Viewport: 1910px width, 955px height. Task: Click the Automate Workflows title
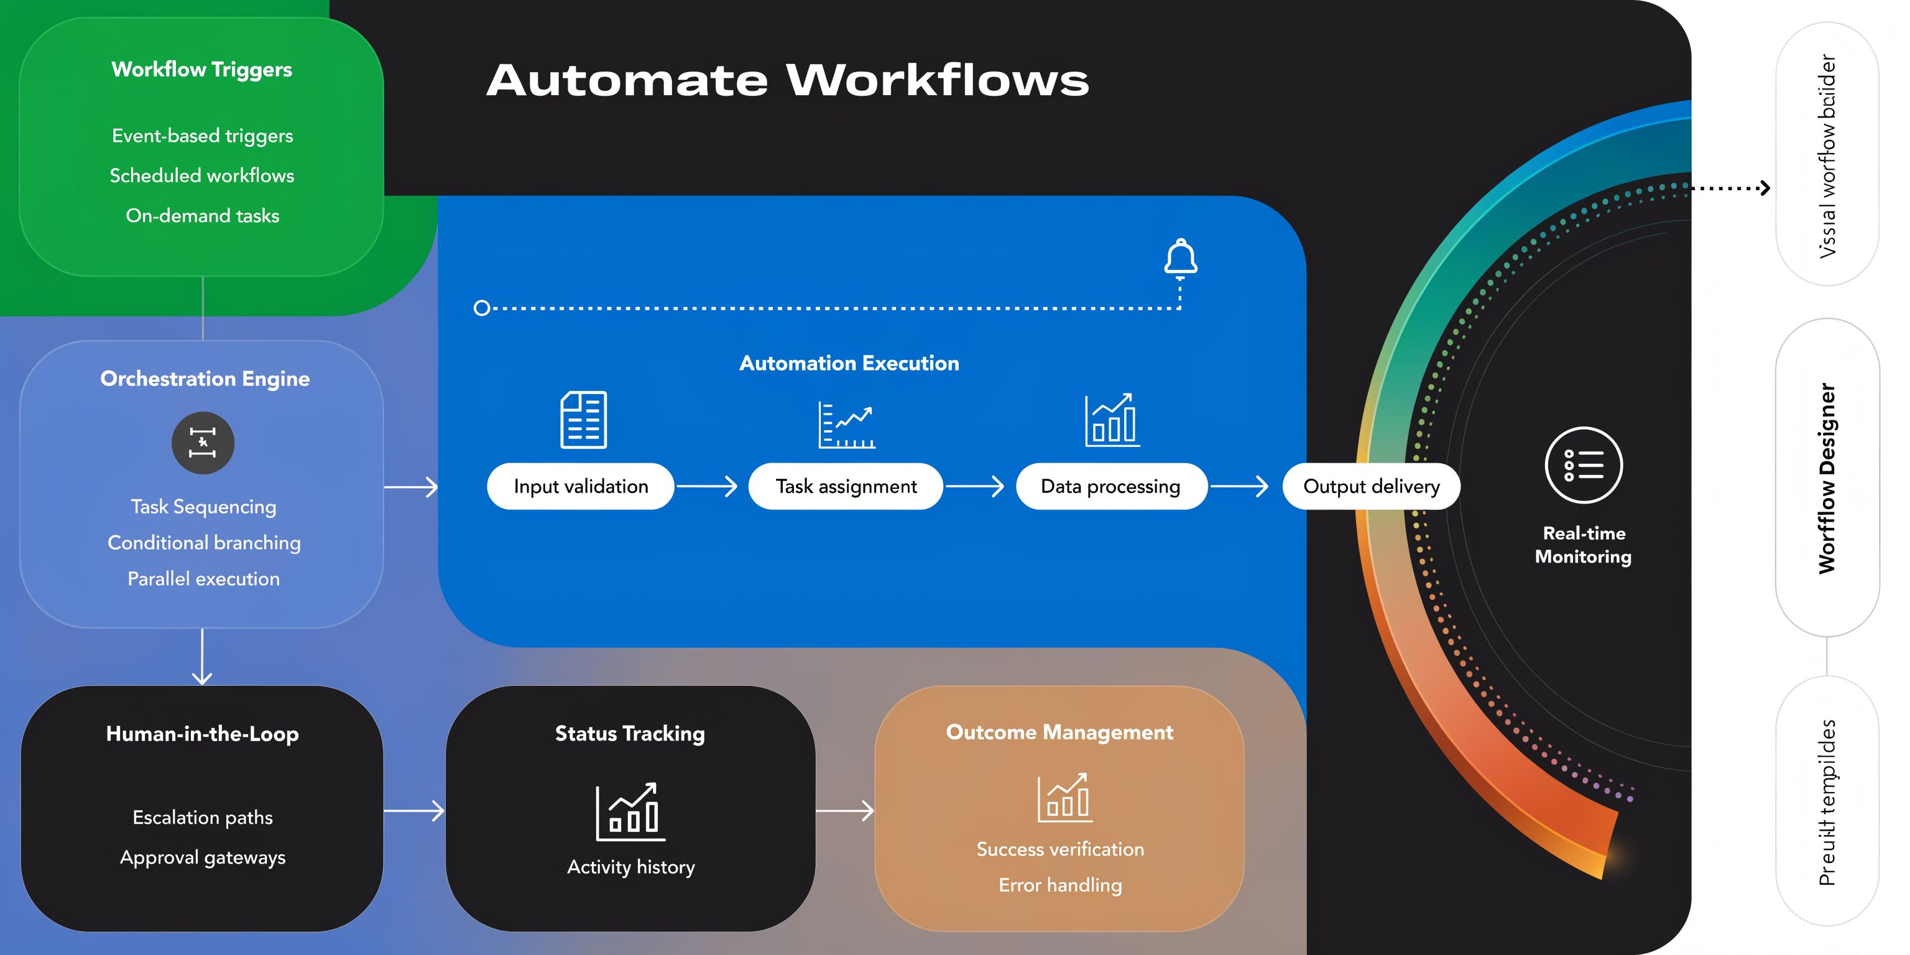(787, 80)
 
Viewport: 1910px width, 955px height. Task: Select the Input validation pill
(581, 486)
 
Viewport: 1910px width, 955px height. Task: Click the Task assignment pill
(846, 486)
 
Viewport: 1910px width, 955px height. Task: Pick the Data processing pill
(1110, 486)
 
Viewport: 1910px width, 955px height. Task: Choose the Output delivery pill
(1371, 486)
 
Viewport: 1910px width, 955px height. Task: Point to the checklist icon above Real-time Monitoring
(1583, 465)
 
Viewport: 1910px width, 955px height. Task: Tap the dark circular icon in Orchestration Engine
(203, 443)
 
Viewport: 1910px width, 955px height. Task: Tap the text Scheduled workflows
(201, 176)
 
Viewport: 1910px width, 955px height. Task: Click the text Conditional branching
(204, 543)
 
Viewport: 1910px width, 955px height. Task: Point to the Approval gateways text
(203, 857)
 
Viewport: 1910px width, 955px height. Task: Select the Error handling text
(1059, 885)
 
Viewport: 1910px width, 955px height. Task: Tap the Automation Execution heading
(849, 363)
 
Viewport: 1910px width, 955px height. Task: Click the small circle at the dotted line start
(482, 308)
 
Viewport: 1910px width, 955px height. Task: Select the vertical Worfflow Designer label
(1827, 478)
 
